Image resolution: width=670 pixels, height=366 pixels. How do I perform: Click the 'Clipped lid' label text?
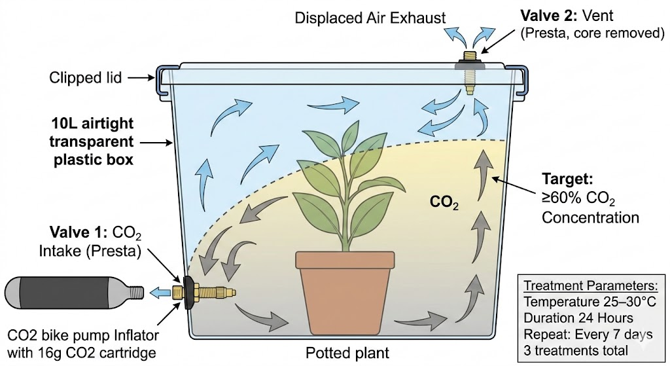point(86,79)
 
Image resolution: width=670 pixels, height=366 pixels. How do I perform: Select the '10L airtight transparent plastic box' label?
point(92,141)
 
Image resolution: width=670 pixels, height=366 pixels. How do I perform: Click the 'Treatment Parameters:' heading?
point(590,286)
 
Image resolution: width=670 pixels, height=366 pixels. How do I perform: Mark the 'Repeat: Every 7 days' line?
point(584,334)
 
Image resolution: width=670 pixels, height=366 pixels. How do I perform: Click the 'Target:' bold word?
point(568,178)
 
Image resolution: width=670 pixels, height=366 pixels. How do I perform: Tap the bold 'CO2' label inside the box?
point(442,202)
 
